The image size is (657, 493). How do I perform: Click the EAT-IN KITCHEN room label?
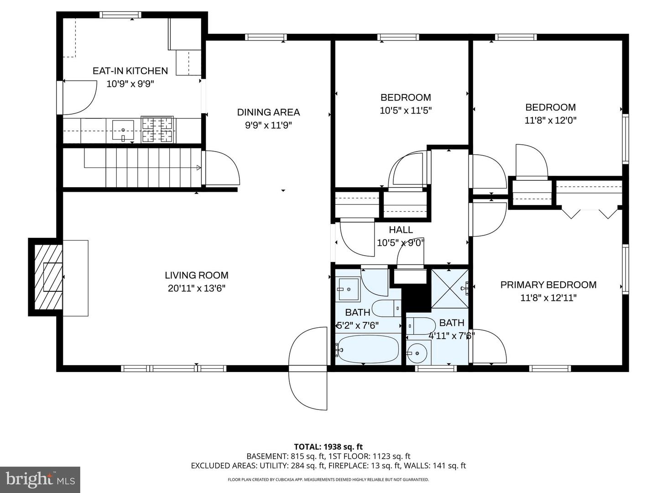pyautogui.click(x=130, y=71)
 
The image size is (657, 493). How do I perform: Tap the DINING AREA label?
pyautogui.click(x=268, y=112)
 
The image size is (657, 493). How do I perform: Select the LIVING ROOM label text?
pyautogui.click(x=196, y=275)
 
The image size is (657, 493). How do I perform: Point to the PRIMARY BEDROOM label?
pyautogui.click(x=548, y=285)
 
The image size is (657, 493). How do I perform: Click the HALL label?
pyautogui.click(x=401, y=230)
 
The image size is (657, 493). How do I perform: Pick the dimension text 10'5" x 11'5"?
pyautogui.click(x=405, y=110)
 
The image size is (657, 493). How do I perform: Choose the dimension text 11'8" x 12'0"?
pyautogui.click(x=550, y=121)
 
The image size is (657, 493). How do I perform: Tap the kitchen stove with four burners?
pyautogui.click(x=157, y=129)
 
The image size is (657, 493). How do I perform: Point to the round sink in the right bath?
pyautogui.click(x=418, y=353)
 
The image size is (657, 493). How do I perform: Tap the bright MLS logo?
pyautogui.click(x=40, y=479)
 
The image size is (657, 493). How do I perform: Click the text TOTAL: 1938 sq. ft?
pyautogui.click(x=328, y=447)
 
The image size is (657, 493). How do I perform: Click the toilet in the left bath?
pyautogui.click(x=386, y=309)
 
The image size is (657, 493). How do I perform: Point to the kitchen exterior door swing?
pyautogui.click(x=78, y=98)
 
